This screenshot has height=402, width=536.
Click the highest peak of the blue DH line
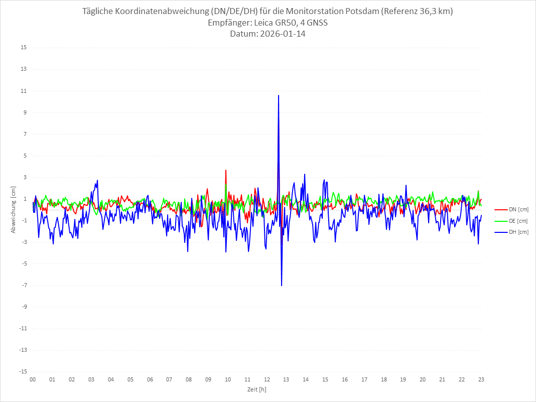point(279,95)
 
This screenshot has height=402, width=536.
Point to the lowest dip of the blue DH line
point(282,285)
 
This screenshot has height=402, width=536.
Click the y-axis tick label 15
point(24,48)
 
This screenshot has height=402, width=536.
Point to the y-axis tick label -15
point(23,371)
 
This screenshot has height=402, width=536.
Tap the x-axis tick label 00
point(33,379)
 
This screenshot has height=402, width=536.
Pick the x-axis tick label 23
point(481,379)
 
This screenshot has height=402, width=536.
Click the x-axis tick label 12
point(266,379)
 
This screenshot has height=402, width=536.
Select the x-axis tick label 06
point(150,379)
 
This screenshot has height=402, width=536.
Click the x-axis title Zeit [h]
point(256,389)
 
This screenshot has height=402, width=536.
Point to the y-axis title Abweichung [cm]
point(14,210)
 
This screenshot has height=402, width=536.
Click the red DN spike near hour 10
point(226,171)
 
